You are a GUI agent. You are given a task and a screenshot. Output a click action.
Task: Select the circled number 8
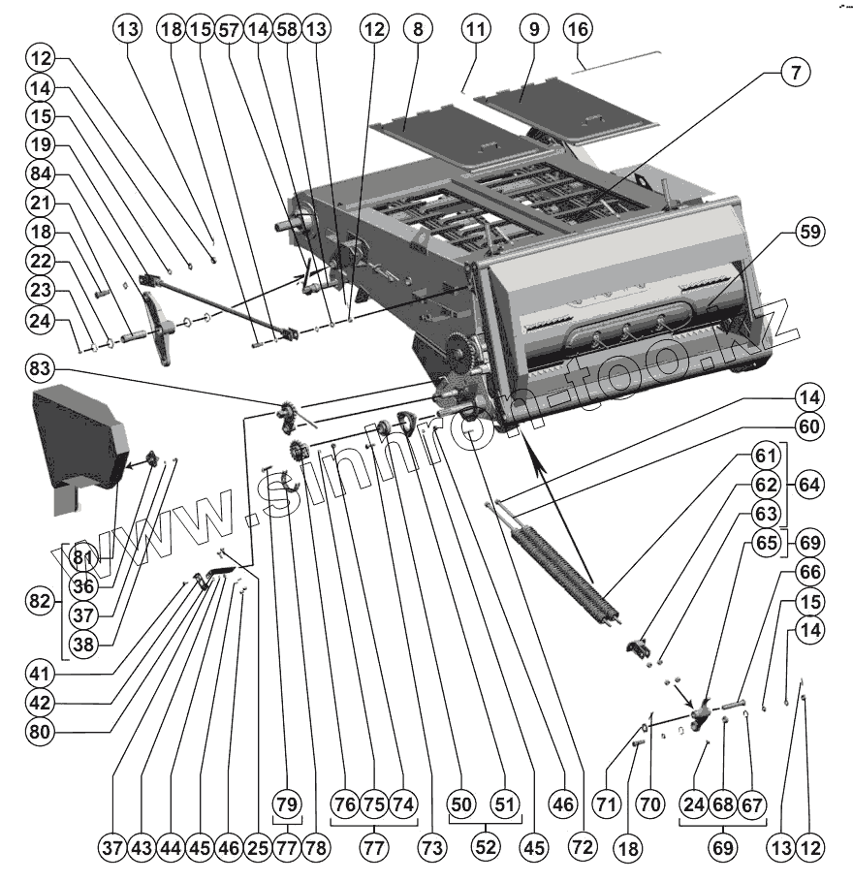[x=418, y=30]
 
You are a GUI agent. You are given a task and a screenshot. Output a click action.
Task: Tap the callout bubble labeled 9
[x=532, y=30]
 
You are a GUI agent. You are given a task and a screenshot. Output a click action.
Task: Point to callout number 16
[x=578, y=30]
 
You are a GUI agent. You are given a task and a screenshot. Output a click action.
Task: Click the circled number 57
[x=229, y=30]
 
